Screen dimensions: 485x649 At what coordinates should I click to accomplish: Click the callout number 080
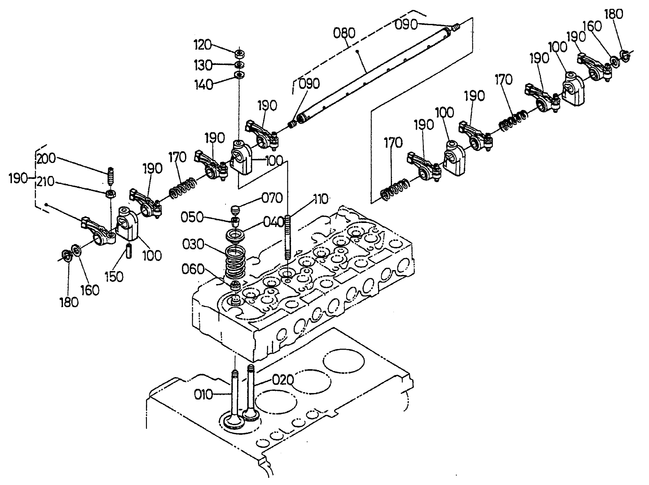344,33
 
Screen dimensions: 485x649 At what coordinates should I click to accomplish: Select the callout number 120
202,45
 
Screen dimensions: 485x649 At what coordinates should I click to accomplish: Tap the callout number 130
203,65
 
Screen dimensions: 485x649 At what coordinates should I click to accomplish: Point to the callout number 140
204,84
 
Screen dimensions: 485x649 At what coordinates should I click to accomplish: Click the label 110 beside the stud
320,199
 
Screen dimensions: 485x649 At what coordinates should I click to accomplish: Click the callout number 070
272,198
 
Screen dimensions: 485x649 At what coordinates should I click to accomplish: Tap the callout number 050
192,217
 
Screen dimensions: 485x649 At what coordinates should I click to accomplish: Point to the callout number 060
193,269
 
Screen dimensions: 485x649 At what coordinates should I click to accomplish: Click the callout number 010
203,395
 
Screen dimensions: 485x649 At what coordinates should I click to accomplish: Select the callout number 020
283,380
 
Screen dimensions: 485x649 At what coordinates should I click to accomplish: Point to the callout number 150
114,277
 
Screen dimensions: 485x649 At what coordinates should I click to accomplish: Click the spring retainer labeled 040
235,235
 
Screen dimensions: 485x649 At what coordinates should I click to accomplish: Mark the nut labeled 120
239,53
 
